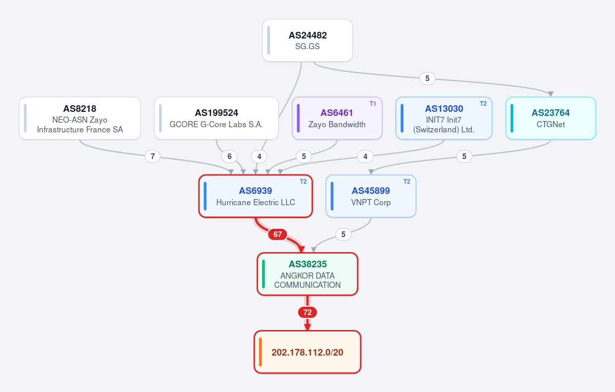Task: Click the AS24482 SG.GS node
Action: point(307,41)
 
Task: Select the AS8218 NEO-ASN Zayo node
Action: point(79,118)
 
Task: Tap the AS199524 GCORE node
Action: point(216,118)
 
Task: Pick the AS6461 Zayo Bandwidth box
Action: point(337,118)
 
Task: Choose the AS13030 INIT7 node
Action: point(444,118)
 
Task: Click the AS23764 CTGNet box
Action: point(550,118)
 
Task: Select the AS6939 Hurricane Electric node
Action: point(255,196)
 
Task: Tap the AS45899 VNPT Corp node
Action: point(371,196)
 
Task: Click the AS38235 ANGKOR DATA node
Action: point(307,274)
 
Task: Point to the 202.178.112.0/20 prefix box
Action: point(307,352)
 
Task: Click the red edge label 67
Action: point(278,234)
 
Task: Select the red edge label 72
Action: point(307,312)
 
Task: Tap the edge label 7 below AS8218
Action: point(152,156)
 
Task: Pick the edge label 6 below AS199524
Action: point(229,156)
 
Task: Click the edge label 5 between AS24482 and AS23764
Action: point(427,79)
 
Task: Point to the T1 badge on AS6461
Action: point(373,104)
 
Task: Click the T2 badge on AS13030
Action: point(483,104)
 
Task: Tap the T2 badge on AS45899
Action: point(406,182)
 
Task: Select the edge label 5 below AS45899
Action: point(343,234)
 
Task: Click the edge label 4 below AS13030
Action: point(365,156)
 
